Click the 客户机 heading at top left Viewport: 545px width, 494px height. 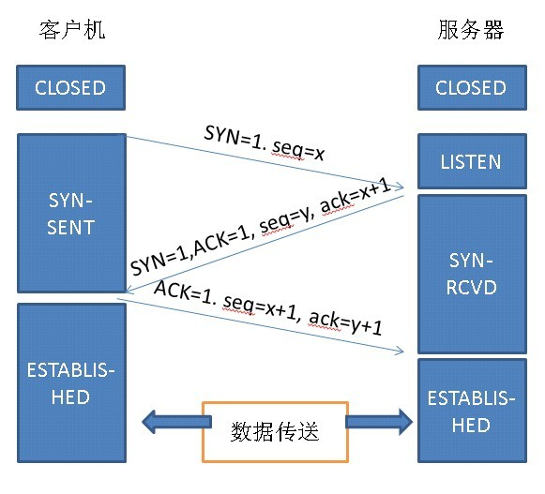[x=71, y=30]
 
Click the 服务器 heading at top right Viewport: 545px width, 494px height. [x=471, y=30]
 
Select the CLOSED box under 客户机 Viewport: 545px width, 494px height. [x=71, y=88]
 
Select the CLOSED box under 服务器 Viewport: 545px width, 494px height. [x=471, y=88]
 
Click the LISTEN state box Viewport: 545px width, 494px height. [x=471, y=161]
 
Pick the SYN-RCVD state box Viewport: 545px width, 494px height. [x=471, y=272]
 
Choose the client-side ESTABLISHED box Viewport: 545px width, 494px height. [x=71, y=384]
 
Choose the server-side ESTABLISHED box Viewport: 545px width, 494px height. [x=471, y=412]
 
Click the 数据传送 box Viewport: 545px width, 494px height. [x=275, y=431]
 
